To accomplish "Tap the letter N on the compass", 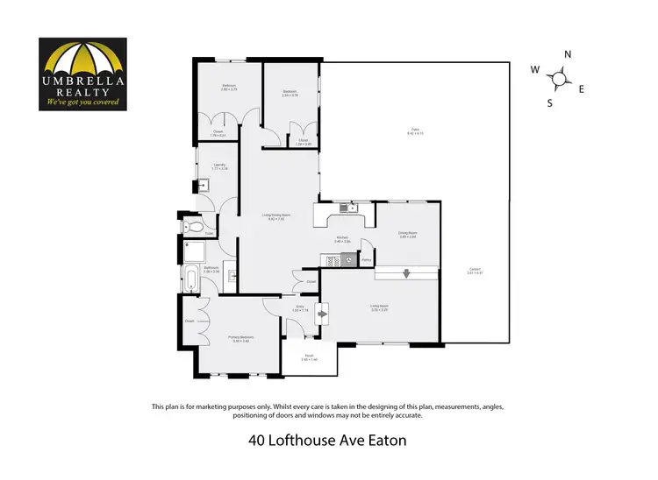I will (568, 54).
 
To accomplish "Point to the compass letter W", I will (534, 69).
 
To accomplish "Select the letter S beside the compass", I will (550, 102).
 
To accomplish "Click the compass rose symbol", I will (558, 79).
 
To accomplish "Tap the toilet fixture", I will (195, 227).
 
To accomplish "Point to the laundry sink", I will (203, 185).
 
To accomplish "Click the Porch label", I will (309, 357).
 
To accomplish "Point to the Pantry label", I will (367, 260).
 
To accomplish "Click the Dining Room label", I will (407, 233).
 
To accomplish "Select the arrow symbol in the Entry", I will (323, 312).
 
